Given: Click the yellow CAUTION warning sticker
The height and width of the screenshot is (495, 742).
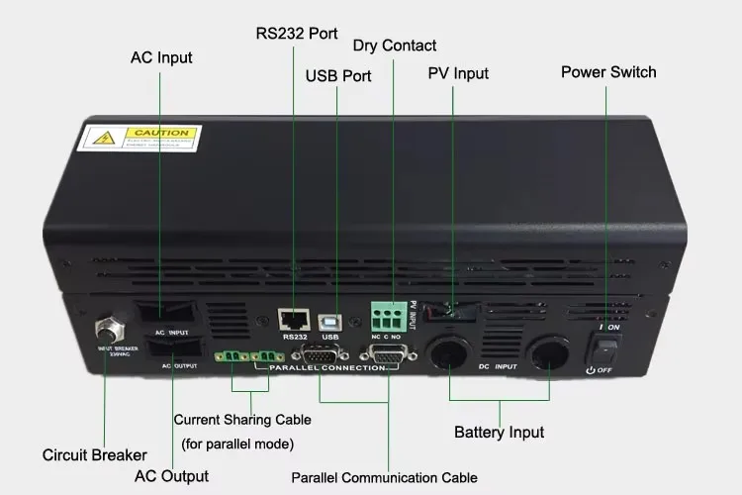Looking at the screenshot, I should [139, 139].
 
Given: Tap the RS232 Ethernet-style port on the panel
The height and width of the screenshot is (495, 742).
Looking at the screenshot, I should [293, 319].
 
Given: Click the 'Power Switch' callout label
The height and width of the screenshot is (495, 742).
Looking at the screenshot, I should [608, 71].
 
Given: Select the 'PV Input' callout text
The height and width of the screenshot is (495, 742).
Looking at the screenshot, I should [458, 73].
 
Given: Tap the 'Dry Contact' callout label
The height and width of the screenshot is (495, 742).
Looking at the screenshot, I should [395, 46].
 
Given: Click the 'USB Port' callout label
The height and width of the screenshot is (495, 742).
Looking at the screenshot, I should [338, 75].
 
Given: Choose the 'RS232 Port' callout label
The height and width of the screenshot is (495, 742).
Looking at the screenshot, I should [297, 33].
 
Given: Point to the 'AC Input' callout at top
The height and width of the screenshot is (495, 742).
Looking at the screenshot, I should [161, 57].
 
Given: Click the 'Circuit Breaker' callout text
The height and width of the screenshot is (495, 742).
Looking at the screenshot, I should [95, 455].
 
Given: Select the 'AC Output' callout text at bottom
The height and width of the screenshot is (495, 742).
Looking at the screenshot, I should [171, 475].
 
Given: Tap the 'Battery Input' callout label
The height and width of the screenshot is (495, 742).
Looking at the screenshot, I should [499, 432].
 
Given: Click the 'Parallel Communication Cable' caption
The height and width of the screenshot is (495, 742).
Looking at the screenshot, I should [385, 478].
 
